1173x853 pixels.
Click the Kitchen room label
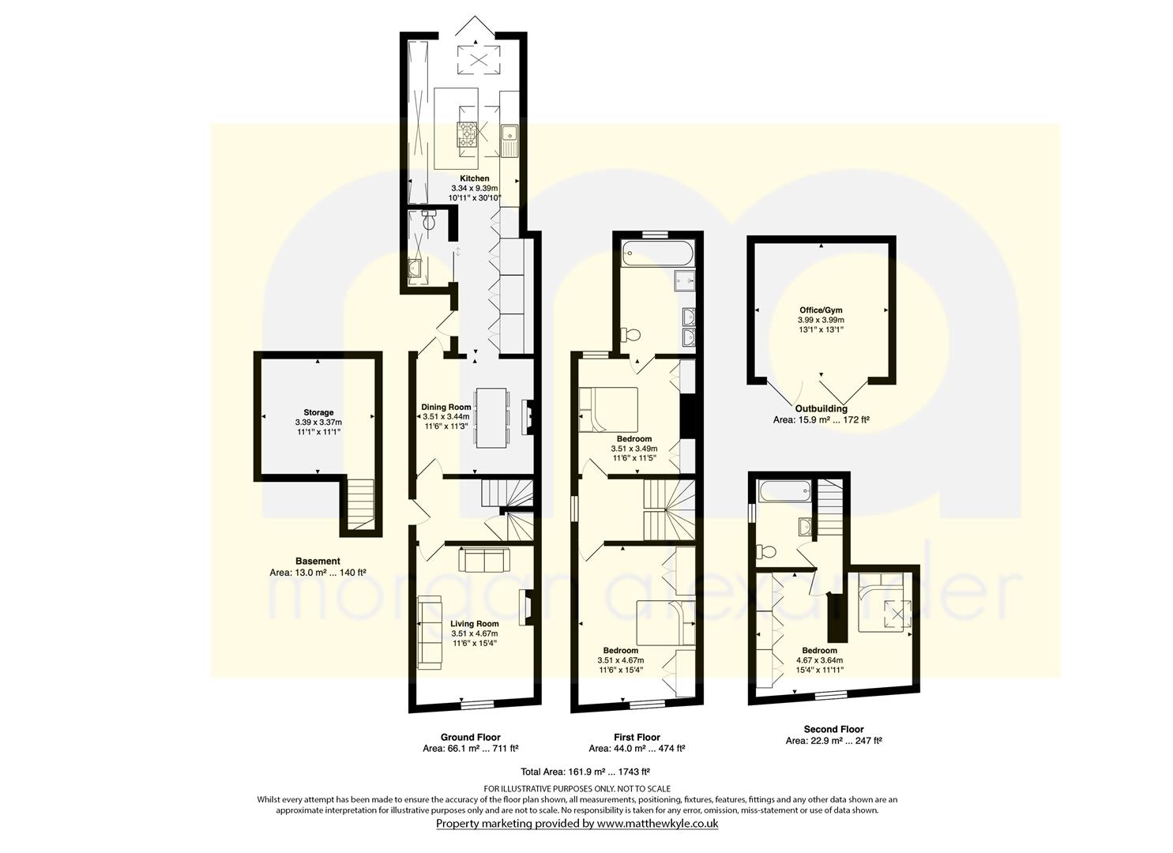(x=475, y=178)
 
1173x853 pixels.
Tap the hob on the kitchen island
(x=468, y=134)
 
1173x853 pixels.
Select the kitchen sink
(x=509, y=141)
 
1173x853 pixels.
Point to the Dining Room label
(x=446, y=407)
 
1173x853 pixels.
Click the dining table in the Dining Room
(x=491, y=417)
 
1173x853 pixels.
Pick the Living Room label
(x=475, y=624)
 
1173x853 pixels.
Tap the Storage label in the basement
(x=318, y=412)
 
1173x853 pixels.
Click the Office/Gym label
(x=821, y=310)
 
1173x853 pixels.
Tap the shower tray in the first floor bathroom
(x=684, y=280)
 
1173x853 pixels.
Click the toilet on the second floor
(x=766, y=551)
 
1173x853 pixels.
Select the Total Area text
(x=585, y=772)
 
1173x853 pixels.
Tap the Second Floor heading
(x=833, y=729)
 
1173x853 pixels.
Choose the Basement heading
(x=318, y=561)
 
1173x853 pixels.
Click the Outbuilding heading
(x=821, y=409)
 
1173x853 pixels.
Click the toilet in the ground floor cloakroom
(x=430, y=221)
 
